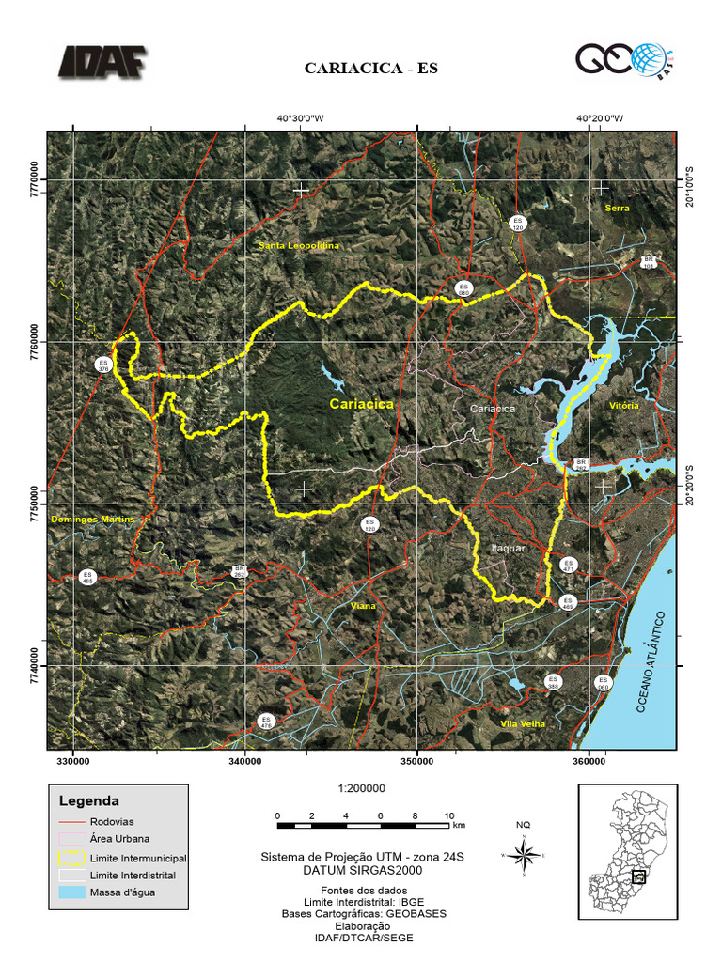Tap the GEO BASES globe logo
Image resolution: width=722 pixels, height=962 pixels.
tap(621, 61)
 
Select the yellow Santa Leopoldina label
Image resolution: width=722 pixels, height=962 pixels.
tap(298, 245)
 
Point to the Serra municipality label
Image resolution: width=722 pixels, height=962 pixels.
tap(617, 208)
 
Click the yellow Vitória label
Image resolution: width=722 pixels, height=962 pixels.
tap(623, 406)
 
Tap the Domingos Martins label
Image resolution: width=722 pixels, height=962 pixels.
tap(93, 520)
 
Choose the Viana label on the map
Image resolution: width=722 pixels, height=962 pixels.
tap(362, 607)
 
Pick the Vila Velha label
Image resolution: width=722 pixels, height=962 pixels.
tap(524, 723)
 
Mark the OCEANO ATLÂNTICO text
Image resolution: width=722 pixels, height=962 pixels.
tap(653, 661)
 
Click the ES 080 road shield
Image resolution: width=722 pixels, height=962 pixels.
tap(463, 288)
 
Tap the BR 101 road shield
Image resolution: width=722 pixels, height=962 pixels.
tap(648, 262)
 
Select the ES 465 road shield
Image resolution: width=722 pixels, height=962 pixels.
tap(88, 577)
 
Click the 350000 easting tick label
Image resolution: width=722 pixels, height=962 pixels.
tap(417, 763)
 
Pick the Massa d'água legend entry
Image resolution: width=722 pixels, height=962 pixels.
tap(122, 892)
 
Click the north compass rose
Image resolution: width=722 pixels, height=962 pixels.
tap(526, 855)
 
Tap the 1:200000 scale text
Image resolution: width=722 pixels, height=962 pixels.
tap(361, 789)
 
